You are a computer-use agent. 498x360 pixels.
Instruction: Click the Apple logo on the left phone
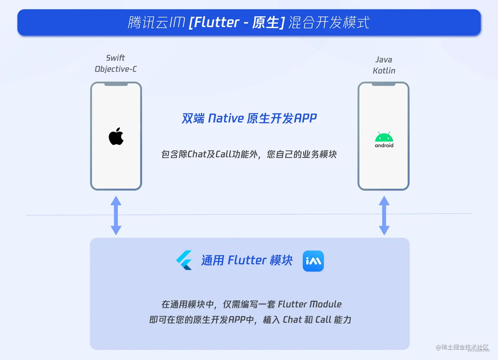[116, 136]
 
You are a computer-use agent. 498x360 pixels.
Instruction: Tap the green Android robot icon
[384, 136]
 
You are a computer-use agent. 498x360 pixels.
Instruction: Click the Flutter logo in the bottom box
[184, 260]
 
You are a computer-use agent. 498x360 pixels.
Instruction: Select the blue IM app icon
[313, 261]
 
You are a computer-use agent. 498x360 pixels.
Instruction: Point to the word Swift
[115, 58]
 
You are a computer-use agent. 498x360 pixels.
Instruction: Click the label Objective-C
[116, 69]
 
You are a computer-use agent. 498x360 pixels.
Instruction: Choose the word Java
[384, 60]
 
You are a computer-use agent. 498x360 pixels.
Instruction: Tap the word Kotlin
[384, 71]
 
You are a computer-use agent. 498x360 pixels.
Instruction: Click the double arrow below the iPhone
[116, 215]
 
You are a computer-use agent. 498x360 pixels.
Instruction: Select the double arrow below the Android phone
[384, 215]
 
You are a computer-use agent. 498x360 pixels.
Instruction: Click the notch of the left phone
[116, 84]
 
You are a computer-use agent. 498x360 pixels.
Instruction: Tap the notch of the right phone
[383, 84]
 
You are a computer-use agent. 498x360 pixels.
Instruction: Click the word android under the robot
[384, 145]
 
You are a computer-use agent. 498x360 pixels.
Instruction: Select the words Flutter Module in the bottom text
[310, 304]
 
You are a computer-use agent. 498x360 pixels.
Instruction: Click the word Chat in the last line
[292, 320]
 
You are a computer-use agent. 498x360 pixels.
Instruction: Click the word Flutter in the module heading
[247, 260]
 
